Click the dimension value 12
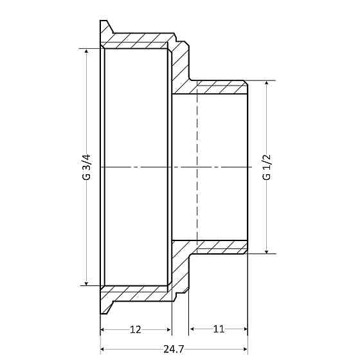[x=136, y=329]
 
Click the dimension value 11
[x=219, y=329]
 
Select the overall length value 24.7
[x=174, y=348]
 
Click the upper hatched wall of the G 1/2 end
[x=219, y=87]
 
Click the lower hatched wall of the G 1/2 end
[x=219, y=247]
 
